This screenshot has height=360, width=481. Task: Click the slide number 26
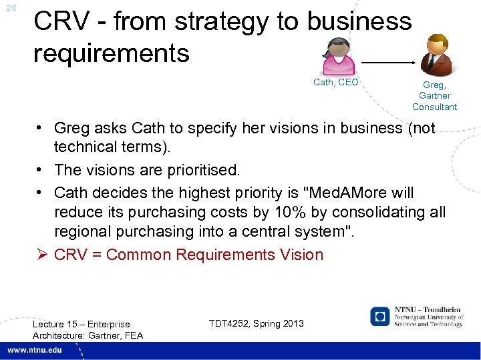click(x=10, y=8)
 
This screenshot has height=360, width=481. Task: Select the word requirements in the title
click(x=112, y=53)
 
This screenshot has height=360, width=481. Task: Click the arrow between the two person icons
click(x=387, y=62)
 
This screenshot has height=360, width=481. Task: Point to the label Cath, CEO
click(x=336, y=82)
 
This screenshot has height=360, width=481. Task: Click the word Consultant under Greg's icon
click(x=434, y=107)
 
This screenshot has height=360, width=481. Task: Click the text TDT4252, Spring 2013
click(x=256, y=323)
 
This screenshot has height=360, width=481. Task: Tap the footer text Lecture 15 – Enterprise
click(x=82, y=324)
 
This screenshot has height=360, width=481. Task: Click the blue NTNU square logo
click(x=380, y=316)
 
